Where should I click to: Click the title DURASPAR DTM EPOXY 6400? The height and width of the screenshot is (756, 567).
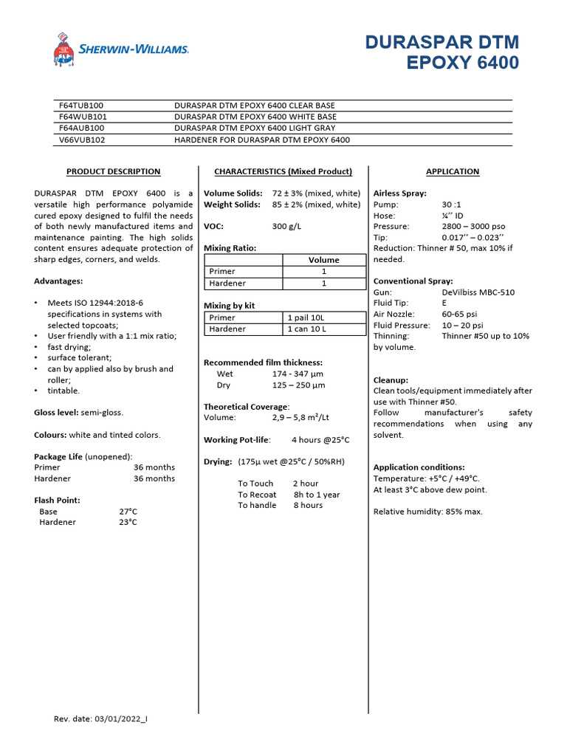point(441,52)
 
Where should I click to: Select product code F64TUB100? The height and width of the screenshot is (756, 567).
point(81,106)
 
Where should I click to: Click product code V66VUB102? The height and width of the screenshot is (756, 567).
point(82,140)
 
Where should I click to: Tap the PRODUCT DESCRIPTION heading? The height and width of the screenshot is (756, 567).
point(113,171)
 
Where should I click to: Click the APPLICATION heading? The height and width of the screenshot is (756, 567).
point(453,171)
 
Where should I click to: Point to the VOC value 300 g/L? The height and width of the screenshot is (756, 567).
point(287,226)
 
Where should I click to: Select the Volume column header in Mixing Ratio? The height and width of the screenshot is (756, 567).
point(323,260)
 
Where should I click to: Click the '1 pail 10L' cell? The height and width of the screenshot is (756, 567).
point(306,317)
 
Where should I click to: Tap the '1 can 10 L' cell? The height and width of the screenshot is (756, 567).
point(307,329)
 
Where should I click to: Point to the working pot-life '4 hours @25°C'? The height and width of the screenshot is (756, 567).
point(320,440)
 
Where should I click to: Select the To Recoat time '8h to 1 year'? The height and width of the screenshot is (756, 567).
point(317,495)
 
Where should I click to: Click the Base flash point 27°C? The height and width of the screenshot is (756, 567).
point(128,511)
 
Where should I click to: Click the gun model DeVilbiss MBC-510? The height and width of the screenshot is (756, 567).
point(478,292)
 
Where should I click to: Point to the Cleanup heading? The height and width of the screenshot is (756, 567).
point(391,379)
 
